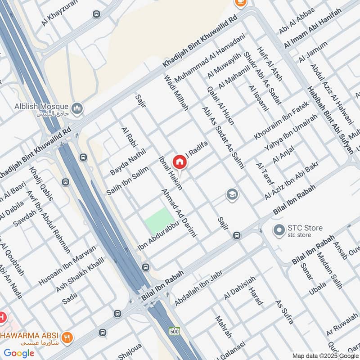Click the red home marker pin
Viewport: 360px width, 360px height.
click(x=180, y=161)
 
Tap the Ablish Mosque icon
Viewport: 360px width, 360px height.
click(x=77, y=108)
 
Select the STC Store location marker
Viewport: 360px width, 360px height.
click(x=279, y=230)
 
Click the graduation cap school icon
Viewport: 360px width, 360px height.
click(x=232, y=194)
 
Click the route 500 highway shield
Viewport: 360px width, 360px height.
click(x=175, y=331)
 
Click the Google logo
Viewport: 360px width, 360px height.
click(x=19, y=353)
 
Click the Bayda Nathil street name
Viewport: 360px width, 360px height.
click(x=128, y=163)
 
